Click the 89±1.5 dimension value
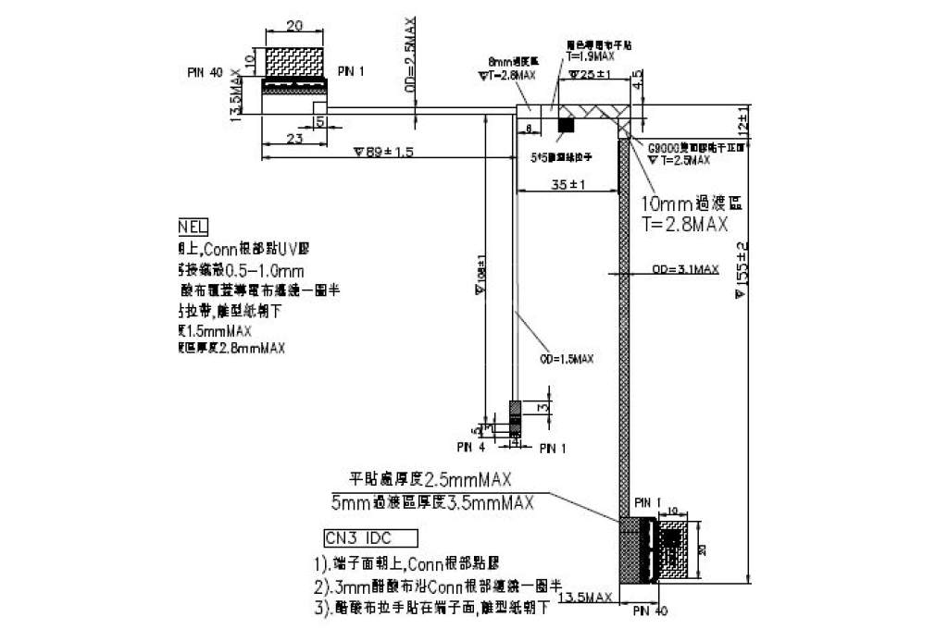click(383, 152)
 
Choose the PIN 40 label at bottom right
click(650, 610)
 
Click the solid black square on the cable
click(566, 124)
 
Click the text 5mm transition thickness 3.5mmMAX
click(432, 502)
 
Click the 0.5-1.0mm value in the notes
click(265, 271)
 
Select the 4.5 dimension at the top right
click(637, 81)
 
